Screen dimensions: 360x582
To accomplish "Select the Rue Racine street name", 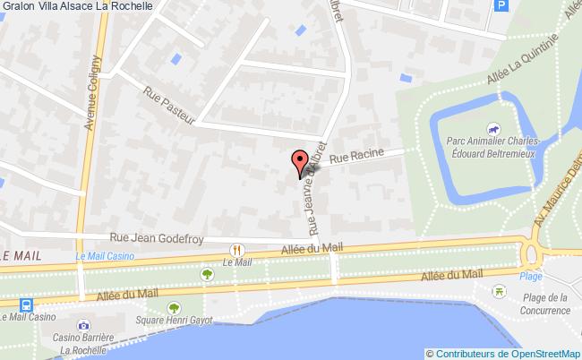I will coord(355,157).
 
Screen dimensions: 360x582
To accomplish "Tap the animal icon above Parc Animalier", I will coord(491,129).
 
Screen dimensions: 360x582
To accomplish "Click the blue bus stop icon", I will coord(23,304).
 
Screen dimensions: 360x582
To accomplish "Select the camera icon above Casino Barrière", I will coord(83,325).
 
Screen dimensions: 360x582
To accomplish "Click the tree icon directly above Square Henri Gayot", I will coord(208,273).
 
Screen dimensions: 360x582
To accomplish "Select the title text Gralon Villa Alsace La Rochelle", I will coord(76,5).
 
